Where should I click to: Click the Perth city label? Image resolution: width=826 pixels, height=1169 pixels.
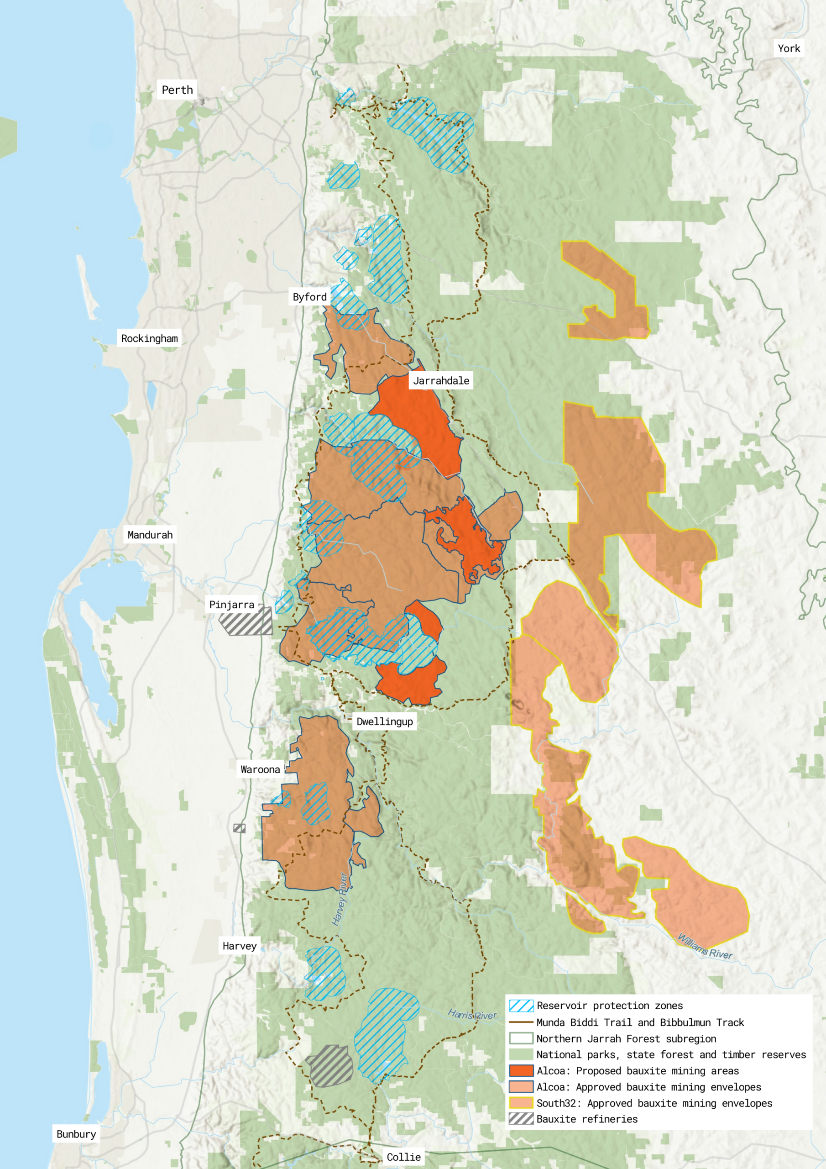pyautogui.click(x=177, y=90)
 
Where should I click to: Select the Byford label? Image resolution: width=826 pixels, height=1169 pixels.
pyautogui.click(x=309, y=297)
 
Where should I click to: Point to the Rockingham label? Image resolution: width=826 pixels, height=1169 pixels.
pyautogui.click(x=149, y=338)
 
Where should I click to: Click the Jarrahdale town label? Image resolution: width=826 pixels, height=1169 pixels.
pyautogui.click(x=441, y=381)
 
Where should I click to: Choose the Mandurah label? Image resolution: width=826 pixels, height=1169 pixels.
pyautogui.click(x=150, y=535)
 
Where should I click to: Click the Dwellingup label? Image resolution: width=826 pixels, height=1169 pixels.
pyautogui.click(x=384, y=721)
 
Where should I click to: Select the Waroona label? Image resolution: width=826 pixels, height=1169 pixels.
pyautogui.click(x=260, y=769)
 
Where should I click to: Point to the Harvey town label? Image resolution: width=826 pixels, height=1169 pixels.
pyautogui.click(x=239, y=946)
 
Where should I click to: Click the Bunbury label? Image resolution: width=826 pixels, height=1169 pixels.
pyautogui.click(x=76, y=1134)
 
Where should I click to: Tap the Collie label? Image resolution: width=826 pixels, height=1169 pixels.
pyautogui.click(x=403, y=1157)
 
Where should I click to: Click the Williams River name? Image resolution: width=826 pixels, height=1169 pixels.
pyautogui.click(x=705, y=947)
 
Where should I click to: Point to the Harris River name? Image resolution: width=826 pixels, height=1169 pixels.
pyautogui.click(x=472, y=1015)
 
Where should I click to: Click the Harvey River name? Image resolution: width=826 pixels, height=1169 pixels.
pyautogui.click(x=340, y=899)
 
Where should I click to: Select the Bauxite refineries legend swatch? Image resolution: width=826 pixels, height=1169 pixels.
pyautogui.click(x=521, y=1119)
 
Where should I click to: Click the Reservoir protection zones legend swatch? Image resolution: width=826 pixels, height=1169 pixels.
pyautogui.click(x=521, y=1006)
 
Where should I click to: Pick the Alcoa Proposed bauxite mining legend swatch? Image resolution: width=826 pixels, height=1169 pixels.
pyautogui.click(x=521, y=1070)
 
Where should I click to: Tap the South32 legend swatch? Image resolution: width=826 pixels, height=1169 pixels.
pyautogui.click(x=521, y=1103)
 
